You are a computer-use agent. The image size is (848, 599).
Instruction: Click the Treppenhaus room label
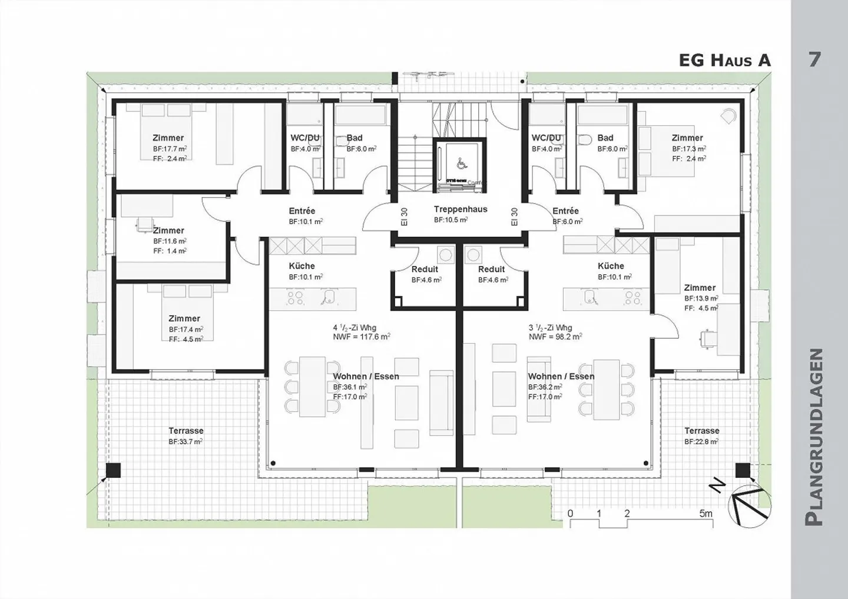tap(461, 209)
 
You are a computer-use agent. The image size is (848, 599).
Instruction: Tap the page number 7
tap(814, 59)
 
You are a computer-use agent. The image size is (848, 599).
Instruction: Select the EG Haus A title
tap(724, 60)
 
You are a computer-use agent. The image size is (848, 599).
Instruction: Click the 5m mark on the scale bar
tap(705, 514)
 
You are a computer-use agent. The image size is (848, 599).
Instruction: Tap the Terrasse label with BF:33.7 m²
tap(186, 431)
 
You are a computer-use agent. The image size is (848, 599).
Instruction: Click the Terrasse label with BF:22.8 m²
tap(701, 431)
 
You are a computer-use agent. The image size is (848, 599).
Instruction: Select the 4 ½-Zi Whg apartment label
tap(355, 328)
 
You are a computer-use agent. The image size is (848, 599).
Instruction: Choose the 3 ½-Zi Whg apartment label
tap(550, 328)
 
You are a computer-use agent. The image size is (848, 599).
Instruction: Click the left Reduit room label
tap(425, 269)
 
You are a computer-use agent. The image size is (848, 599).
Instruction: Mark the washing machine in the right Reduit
tap(473, 255)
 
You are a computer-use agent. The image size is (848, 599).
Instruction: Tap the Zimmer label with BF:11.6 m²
tap(168, 231)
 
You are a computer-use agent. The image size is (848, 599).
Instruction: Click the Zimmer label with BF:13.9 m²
tap(700, 288)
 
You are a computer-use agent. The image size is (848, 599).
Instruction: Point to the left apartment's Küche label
tap(302, 266)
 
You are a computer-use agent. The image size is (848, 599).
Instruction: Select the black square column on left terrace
tap(113, 470)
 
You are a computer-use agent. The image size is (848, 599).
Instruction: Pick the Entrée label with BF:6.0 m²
tap(565, 211)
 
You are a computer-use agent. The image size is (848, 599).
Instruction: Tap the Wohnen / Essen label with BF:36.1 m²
tap(366, 377)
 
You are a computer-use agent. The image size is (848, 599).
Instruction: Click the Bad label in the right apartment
tap(605, 138)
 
